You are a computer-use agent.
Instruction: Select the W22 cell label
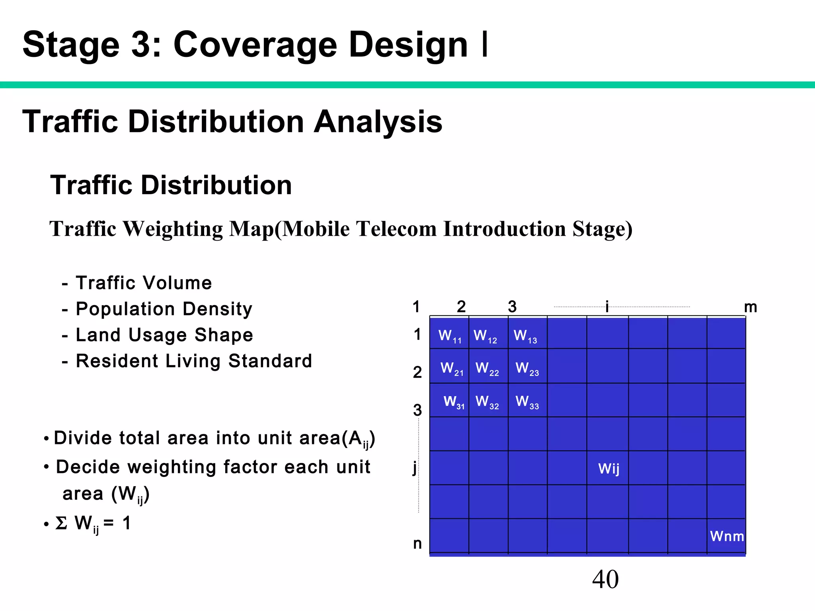click(x=487, y=369)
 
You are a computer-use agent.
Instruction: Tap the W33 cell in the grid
click(x=527, y=402)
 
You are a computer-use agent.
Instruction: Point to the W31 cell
click(x=454, y=402)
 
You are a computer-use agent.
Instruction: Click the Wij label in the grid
click(x=609, y=469)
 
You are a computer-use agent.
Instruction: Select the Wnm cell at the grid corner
click(x=727, y=536)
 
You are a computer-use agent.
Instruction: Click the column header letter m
click(x=750, y=307)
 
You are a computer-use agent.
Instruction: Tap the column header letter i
click(x=607, y=307)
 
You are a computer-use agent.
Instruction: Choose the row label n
click(x=417, y=543)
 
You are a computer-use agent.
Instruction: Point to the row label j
click(x=415, y=468)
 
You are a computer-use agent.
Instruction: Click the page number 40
click(x=605, y=579)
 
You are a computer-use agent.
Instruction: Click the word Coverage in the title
click(x=255, y=45)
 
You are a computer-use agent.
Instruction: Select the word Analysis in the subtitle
click(x=378, y=122)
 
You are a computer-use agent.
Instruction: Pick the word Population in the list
click(x=125, y=309)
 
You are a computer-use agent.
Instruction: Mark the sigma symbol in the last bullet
click(x=61, y=523)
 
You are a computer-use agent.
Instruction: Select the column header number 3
click(x=512, y=307)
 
